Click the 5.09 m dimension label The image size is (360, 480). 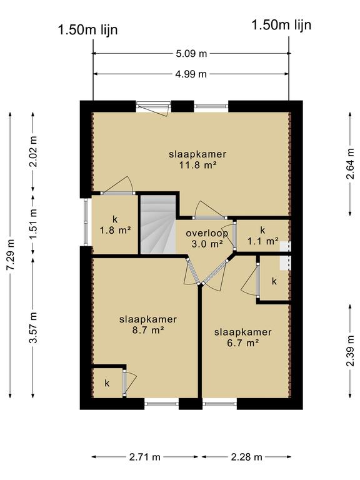(x=191, y=54)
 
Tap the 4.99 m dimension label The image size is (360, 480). (x=191, y=74)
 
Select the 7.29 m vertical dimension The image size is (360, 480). (x=11, y=254)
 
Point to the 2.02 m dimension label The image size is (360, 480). (x=33, y=151)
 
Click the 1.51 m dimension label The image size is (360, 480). (x=33, y=224)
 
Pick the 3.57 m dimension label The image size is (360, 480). (x=33, y=327)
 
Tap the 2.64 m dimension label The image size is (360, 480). (x=350, y=164)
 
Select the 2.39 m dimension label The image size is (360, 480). (x=350, y=351)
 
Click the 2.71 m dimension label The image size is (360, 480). (x=145, y=457)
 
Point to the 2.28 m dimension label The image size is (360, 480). (x=246, y=457)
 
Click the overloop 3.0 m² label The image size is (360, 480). (x=207, y=239)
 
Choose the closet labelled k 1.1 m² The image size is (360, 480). (x=262, y=236)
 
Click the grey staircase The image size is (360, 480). (x=158, y=225)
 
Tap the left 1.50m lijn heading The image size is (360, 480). (x=87, y=30)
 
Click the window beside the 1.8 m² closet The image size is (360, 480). (x=86, y=222)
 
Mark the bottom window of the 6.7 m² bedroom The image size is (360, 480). (x=219, y=404)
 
